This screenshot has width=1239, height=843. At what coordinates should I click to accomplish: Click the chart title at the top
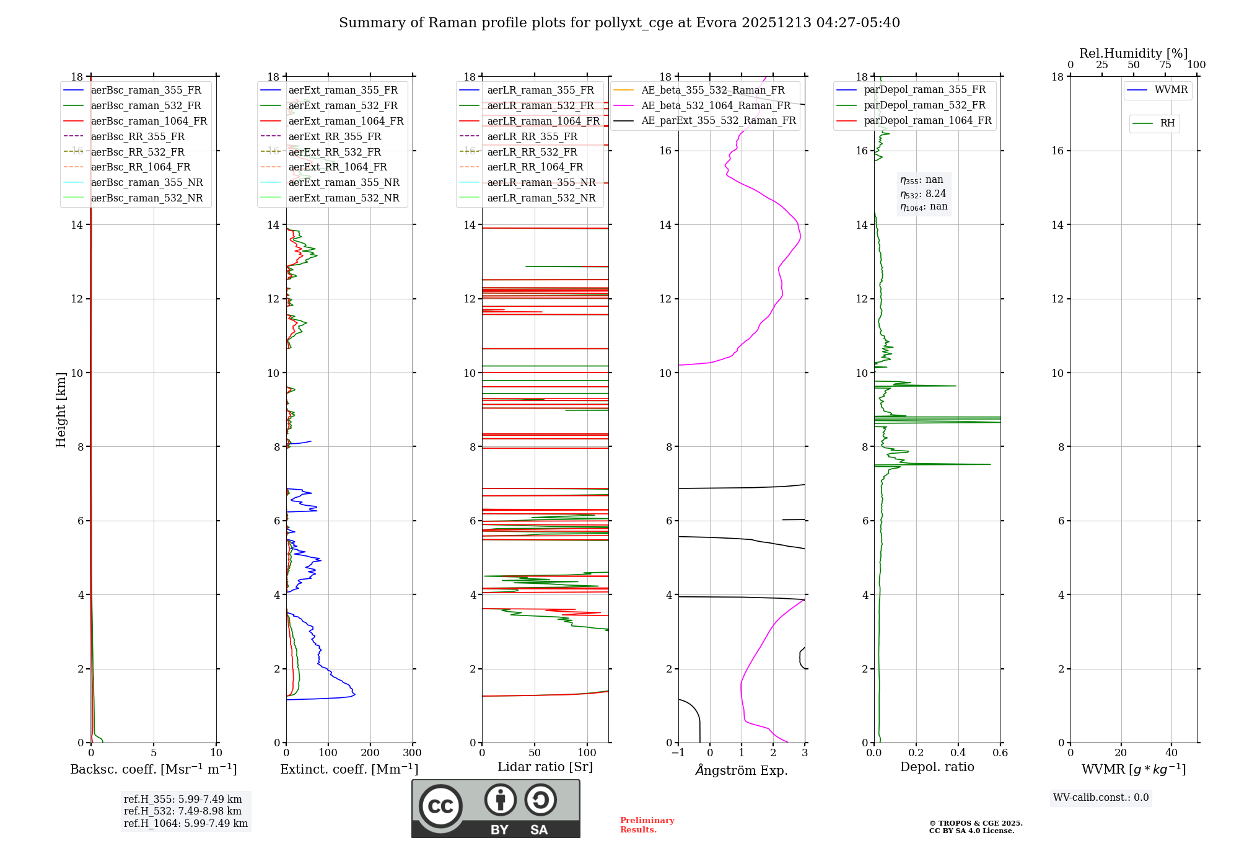[619, 23]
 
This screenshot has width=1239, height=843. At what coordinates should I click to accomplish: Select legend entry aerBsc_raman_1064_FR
[149, 121]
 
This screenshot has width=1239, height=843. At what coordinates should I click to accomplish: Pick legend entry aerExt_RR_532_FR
[335, 152]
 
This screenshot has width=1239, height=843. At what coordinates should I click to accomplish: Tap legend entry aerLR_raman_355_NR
[541, 182]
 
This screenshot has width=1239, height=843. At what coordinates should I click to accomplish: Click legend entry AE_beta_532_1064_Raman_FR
[716, 105]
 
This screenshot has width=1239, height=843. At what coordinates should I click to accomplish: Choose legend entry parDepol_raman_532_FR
[924, 105]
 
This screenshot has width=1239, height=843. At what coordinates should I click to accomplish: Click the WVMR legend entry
[1171, 90]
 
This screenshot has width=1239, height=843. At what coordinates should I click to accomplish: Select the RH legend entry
[1167, 123]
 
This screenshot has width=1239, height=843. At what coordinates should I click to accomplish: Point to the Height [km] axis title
[61, 409]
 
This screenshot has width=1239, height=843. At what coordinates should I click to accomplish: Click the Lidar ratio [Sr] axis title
[545, 767]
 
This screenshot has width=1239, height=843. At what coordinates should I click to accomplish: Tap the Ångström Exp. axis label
[742, 770]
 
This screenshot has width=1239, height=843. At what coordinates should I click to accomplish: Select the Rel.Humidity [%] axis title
[1133, 53]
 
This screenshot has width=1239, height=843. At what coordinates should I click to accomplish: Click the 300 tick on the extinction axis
[412, 753]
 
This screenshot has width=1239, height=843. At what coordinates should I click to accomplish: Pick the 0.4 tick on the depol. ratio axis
[958, 753]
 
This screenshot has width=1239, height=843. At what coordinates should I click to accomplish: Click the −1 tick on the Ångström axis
[678, 753]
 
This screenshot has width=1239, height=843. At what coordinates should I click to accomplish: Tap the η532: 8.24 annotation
[923, 193]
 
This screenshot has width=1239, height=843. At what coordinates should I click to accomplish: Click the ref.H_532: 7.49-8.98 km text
[183, 811]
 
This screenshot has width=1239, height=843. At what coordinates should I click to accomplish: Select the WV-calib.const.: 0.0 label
[1101, 798]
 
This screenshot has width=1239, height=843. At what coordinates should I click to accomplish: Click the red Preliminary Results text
[647, 825]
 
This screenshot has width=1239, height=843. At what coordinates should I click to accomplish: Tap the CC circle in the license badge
[440, 806]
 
